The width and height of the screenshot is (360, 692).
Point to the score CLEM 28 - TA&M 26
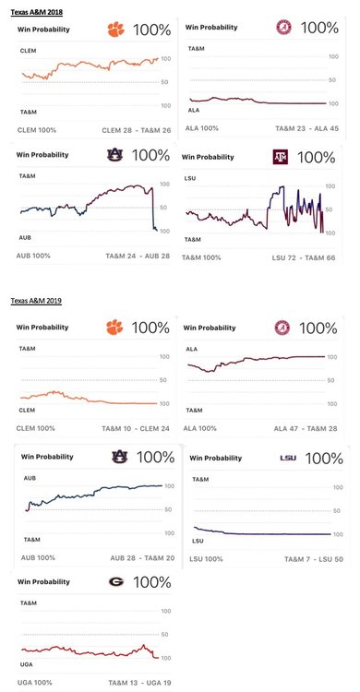[x=132, y=129]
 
